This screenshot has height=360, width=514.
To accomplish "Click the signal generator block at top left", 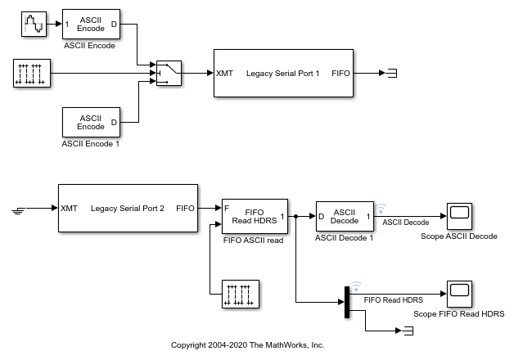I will [35, 24].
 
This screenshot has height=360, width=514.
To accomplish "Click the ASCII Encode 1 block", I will [90, 122].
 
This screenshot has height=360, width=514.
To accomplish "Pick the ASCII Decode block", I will [344, 217].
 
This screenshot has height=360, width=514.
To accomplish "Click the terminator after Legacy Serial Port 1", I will [392, 74].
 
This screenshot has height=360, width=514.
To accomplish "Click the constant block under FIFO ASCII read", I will [241, 293].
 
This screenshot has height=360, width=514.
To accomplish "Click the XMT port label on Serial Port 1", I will [225, 74].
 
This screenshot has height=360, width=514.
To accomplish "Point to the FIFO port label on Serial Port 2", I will [185, 208].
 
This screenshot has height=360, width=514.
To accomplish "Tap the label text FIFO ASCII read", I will [254, 241].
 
